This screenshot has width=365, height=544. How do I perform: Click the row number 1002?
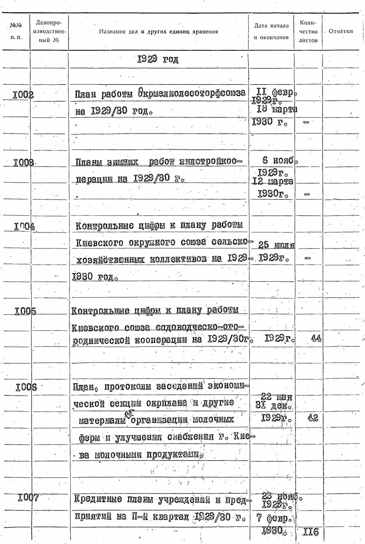tap(23, 95)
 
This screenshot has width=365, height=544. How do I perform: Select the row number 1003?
tap(24, 163)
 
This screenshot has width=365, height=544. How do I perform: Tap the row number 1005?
tap(25, 311)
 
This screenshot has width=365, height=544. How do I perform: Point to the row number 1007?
tap(28, 497)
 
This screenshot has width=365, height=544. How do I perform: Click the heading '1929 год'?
tap(158, 59)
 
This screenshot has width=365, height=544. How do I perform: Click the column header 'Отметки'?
tap(340, 31)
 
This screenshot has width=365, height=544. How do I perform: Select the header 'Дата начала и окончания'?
tap(271, 31)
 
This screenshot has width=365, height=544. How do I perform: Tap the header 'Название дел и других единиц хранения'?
tap(158, 32)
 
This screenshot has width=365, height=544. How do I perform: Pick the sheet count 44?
tap(316, 338)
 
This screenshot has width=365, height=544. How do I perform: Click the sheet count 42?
tap(313, 417)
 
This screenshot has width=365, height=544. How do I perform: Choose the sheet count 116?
tap(310, 532)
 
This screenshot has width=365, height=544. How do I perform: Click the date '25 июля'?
tap(276, 245)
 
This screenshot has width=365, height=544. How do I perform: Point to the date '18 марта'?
tap(277, 109)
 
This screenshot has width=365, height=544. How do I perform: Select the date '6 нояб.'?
tap(280, 160)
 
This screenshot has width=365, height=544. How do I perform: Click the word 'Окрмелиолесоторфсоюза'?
tap(192, 93)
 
